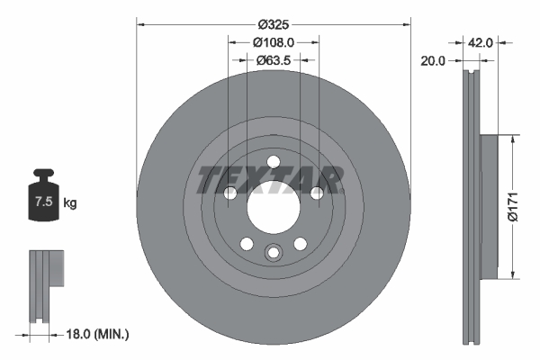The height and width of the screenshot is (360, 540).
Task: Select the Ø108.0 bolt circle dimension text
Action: click(x=274, y=42)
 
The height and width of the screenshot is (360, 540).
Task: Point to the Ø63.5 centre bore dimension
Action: click(x=274, y=60)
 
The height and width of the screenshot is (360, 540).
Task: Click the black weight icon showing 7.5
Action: click(x=43, y=193)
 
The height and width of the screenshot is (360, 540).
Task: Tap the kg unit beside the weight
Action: click(x=70, y=203)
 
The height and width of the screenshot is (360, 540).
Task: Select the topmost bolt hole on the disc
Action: click(x=273, y=162)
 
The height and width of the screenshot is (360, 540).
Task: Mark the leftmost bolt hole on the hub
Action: click(x=229, y=193)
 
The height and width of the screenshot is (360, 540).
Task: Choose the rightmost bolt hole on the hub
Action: click(x=316, y=193)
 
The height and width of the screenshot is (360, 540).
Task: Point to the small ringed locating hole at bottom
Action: click(x=273, y=253)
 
